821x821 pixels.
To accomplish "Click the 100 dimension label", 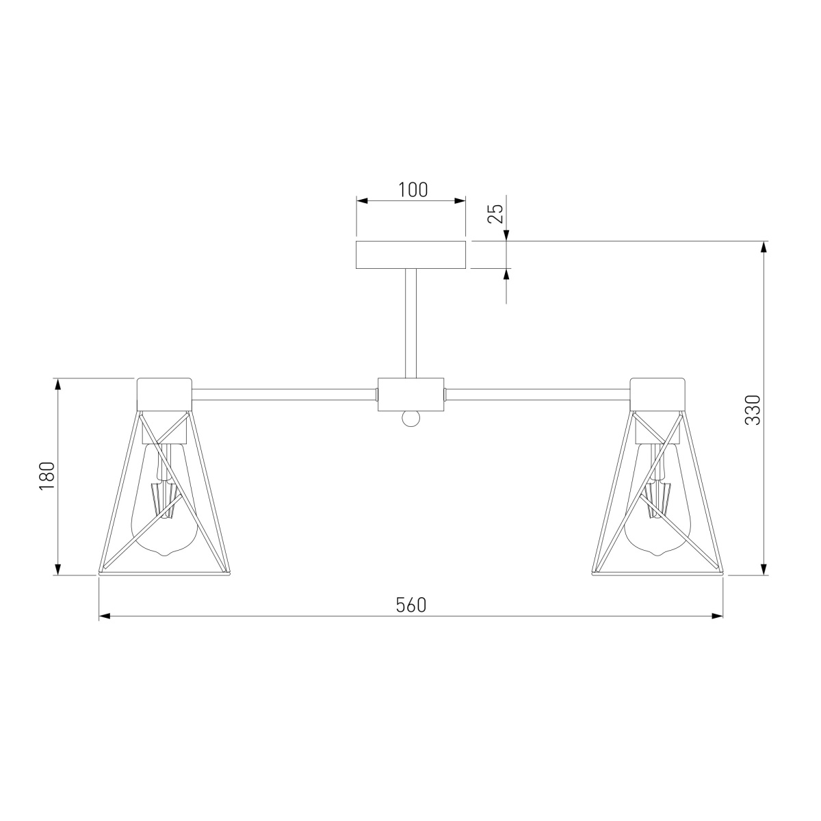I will coord(413,190).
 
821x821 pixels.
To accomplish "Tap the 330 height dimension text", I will coord(752,409).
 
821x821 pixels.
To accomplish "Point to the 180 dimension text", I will coord(46,476).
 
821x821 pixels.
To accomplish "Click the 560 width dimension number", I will coord(411,605).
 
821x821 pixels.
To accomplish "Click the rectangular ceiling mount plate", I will coord(411,255).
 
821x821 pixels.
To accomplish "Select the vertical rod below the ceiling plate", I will coord(410,322).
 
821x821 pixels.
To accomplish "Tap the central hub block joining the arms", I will coord(410,395).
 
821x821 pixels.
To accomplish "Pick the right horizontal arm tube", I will coord(537,394).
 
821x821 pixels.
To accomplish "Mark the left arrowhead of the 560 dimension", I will coord(105,616).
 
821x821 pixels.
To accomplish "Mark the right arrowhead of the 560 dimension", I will coord(718,616).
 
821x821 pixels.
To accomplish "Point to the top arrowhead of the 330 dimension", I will coord(764,247).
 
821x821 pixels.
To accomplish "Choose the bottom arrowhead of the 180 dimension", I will coord(58,569).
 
